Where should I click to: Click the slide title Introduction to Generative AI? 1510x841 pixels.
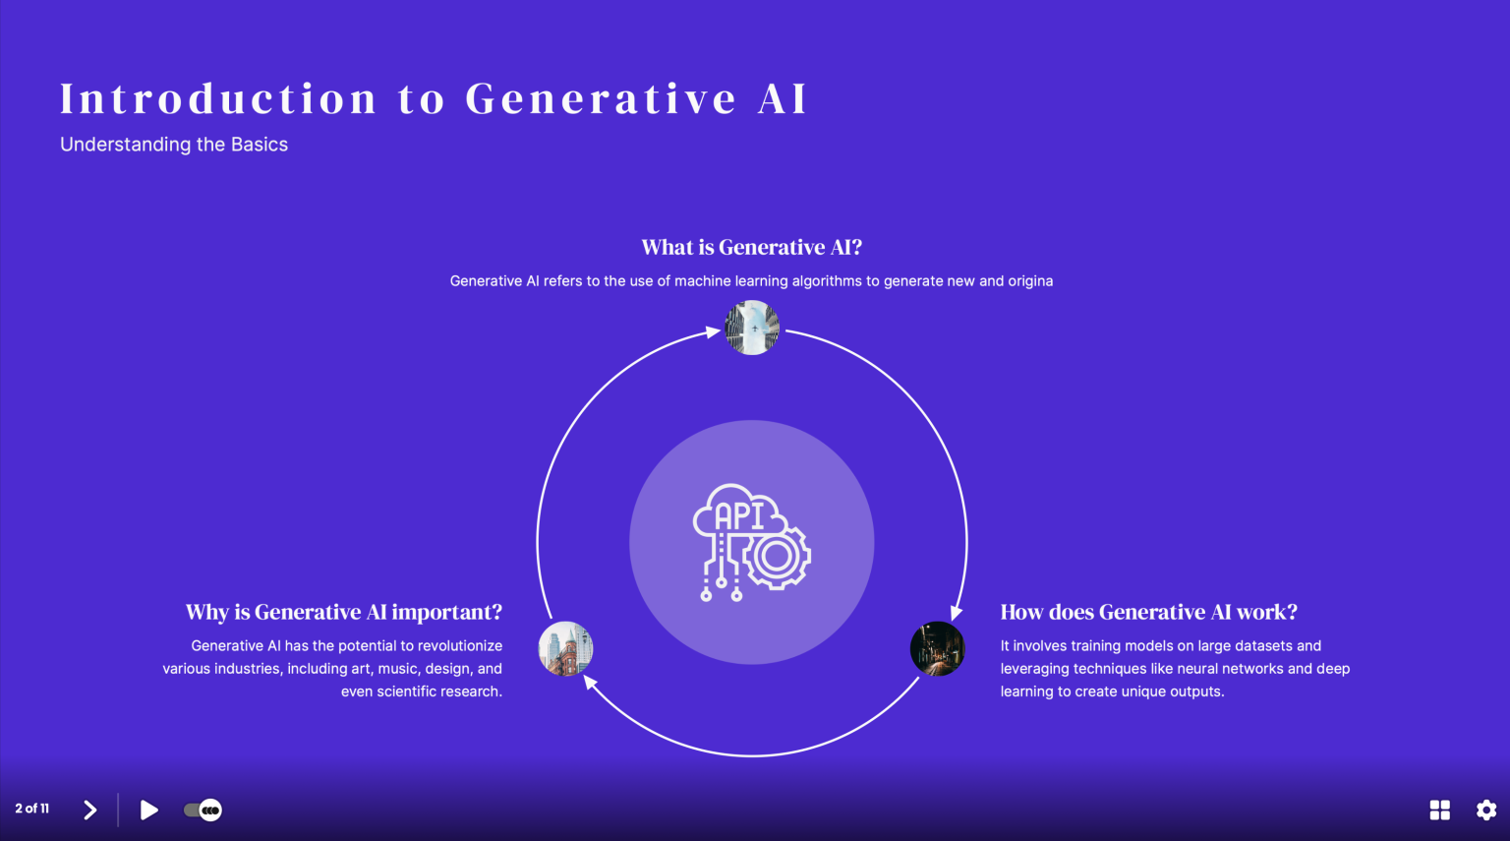pos(434,99)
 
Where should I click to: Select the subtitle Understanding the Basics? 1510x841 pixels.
pos(174,145)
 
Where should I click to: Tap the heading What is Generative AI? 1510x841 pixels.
pos(751,247)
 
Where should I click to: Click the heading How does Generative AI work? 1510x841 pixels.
pos(1148,612)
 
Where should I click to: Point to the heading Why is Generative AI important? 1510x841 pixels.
pos(343,612)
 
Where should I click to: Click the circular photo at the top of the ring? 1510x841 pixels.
pos(752,328)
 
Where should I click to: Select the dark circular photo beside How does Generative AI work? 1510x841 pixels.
pos(937,648)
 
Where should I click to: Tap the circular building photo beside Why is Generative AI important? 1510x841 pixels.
pos(565,648)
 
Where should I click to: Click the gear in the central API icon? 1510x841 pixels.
pos(777,557)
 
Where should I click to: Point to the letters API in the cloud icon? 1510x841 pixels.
pos(739,515)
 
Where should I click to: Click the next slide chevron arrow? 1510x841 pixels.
pos(90,810)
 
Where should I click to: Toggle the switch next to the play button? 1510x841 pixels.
pos(203,810)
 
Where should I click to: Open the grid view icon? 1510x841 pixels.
pos(1439,810)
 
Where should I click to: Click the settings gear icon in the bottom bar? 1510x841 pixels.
pos(1486,810)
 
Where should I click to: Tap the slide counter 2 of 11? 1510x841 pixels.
pos(32,809)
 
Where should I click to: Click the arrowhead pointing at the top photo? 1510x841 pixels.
pos(714,332)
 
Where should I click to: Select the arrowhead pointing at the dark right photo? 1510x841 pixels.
pos(956,613)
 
